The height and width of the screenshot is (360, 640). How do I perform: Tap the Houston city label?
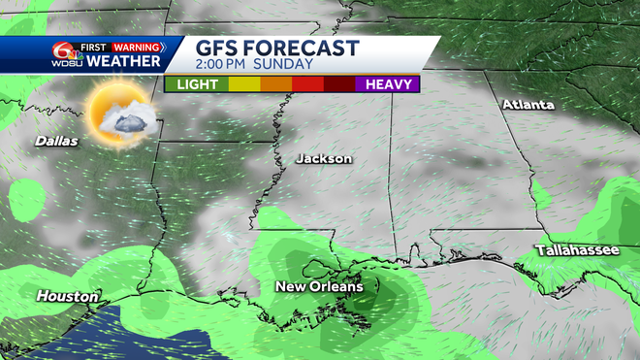point(67,296)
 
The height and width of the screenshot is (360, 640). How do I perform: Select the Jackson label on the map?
point(324,158)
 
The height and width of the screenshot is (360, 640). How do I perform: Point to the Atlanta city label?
point(528,104)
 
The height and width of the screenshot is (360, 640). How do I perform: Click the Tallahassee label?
point(577,251)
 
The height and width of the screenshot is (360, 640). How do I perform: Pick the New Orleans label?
point(319,286)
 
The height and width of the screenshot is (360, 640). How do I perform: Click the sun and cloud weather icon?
point(119,115)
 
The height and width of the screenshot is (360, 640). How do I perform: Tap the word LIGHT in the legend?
point(196,84)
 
